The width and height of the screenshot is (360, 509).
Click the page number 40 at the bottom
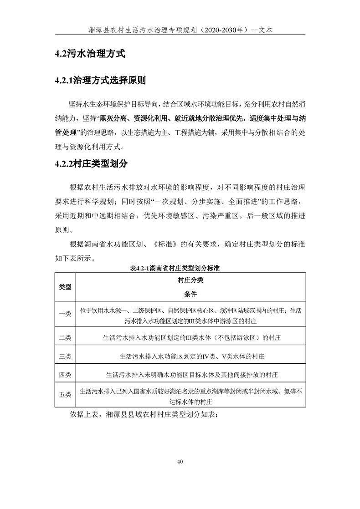(180, 462)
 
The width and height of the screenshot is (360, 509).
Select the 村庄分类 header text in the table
(190, 281)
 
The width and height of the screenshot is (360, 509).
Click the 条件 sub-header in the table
(190, 294)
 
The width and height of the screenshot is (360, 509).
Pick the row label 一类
(65, 314)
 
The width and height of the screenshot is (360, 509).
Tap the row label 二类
(65, 337)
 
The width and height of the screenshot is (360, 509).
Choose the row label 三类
(65, 356)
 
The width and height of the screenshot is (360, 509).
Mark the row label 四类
(65, 374)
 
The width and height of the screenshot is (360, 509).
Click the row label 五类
(65, 395)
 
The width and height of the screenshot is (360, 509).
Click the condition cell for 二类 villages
(190, 337)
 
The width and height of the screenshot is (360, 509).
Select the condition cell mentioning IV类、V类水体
(190, 356)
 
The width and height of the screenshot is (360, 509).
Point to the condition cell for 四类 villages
(190, 374)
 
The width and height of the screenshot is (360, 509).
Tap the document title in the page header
(180, 30)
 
